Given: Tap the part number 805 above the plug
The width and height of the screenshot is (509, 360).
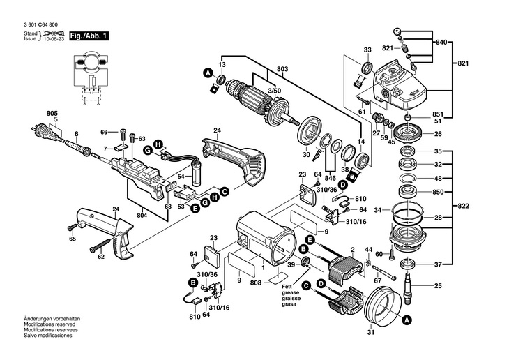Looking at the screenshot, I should [52, 113].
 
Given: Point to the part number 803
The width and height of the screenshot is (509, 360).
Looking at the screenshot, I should [282, 69].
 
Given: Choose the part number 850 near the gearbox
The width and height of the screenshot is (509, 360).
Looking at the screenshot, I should [438, 192].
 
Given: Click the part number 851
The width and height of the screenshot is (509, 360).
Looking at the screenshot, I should [438, 114].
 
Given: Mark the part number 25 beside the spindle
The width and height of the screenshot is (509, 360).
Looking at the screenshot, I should [438, 286].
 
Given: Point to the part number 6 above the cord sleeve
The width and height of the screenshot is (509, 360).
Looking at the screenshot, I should [76, 133].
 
